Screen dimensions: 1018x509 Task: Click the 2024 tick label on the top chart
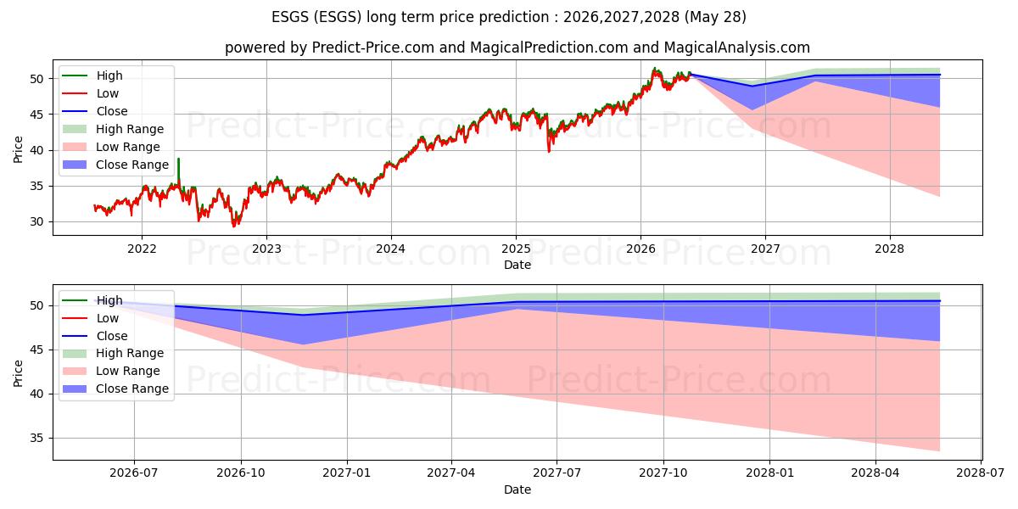[391, 249]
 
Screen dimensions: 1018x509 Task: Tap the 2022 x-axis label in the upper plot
[142, 249]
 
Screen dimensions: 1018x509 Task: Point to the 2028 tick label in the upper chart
[889, 249]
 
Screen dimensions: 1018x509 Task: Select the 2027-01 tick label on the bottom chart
[347, 473]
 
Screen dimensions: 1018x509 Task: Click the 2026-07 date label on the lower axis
[134, 473]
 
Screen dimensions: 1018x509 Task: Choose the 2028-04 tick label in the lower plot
[875, 473]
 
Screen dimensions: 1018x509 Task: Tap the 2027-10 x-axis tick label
[663, 473]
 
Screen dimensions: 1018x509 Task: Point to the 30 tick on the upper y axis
[36, 221]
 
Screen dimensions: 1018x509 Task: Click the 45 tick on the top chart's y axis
[36, 115]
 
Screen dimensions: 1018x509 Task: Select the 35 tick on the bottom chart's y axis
[36, 438]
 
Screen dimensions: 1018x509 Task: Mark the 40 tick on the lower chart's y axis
[36, 394]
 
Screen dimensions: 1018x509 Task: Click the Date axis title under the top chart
[517, 265]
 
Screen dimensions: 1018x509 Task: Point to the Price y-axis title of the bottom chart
[18, 373]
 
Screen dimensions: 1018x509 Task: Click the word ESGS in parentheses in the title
[338, 17]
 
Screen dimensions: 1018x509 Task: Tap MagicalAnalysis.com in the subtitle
[736, 48]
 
